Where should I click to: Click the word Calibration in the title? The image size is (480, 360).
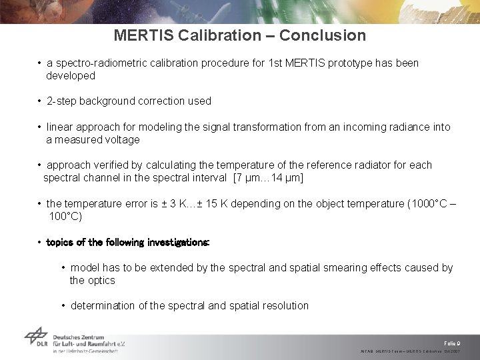[x=217, y=35]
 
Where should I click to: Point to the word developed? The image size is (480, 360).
[x=71, y=76]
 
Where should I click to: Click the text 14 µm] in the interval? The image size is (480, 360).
[x=287, y=178]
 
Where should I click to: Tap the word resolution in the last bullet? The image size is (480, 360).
[x=287, y=306]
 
